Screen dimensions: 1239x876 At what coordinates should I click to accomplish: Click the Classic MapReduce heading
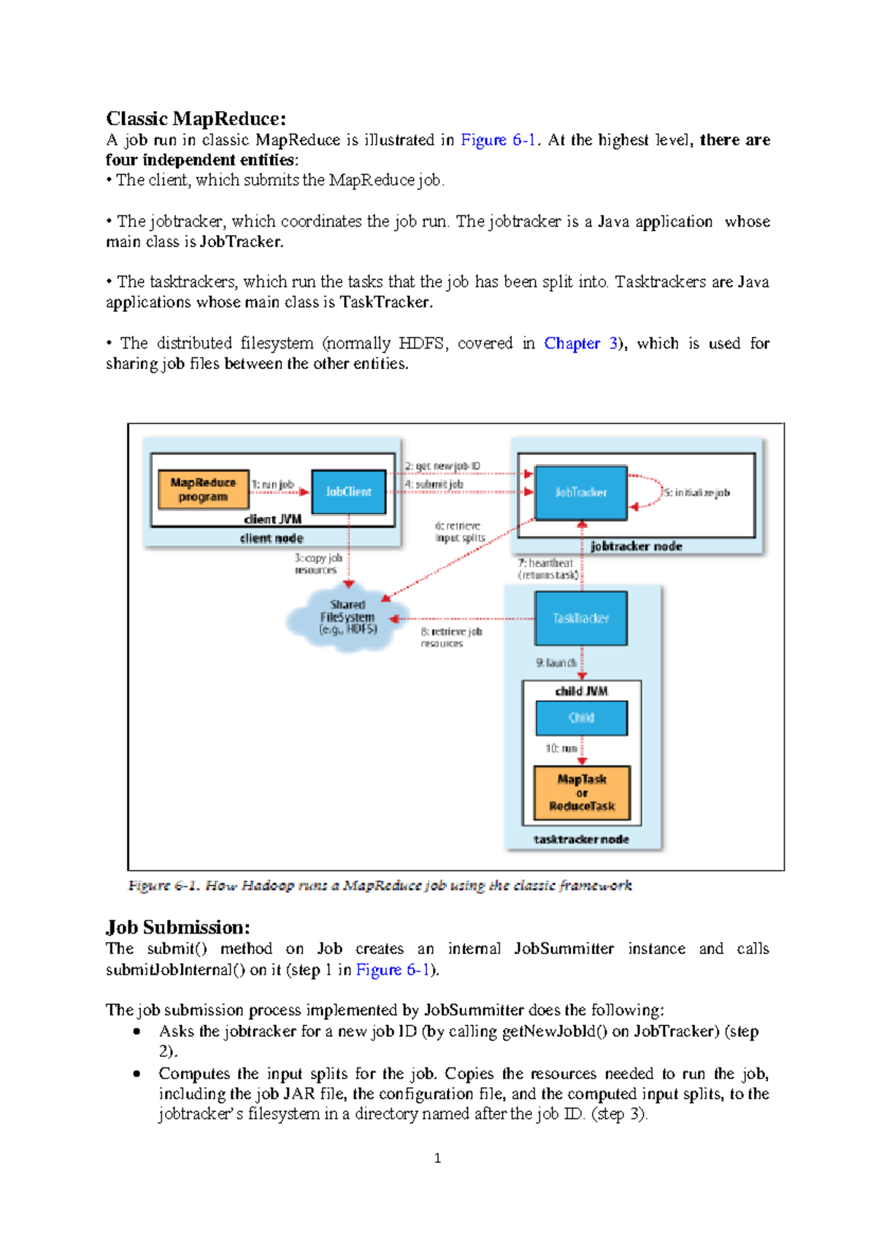click(196, 118)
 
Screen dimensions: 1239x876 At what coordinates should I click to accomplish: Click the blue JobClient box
click(348, 492)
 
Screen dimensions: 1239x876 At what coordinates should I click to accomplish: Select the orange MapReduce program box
click(203, 489)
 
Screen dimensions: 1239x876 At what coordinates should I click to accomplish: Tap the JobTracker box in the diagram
click(580, 492)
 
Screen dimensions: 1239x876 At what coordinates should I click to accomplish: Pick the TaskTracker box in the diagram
click(580, 618)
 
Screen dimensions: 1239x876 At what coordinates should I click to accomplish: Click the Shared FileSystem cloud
click(347, 618)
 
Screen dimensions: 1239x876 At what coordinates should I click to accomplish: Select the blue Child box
click(581, 717)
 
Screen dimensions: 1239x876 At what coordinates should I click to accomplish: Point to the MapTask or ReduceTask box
click(581, 793)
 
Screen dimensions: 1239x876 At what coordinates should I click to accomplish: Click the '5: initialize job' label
click(696, 493)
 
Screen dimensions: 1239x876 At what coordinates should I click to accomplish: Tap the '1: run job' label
click(273, 484)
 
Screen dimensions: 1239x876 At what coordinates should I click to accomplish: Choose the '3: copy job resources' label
click(318, 564)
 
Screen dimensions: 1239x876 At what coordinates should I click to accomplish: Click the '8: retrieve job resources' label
click(450, 637)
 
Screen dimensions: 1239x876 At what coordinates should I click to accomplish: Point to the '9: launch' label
click(556, 663)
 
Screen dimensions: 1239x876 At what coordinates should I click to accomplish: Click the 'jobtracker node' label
click(636, 546)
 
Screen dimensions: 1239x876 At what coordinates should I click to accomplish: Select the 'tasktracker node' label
click(581, 839)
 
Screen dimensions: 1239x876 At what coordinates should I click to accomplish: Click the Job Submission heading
click(178, 927)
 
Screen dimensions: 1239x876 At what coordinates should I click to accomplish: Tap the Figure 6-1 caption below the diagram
click(380, 885)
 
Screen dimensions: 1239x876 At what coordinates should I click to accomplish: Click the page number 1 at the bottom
click(437, 1158)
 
